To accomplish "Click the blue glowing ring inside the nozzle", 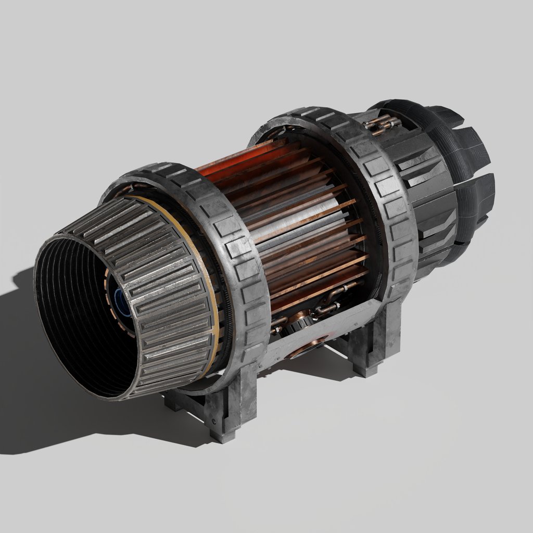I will pos(121,304).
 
